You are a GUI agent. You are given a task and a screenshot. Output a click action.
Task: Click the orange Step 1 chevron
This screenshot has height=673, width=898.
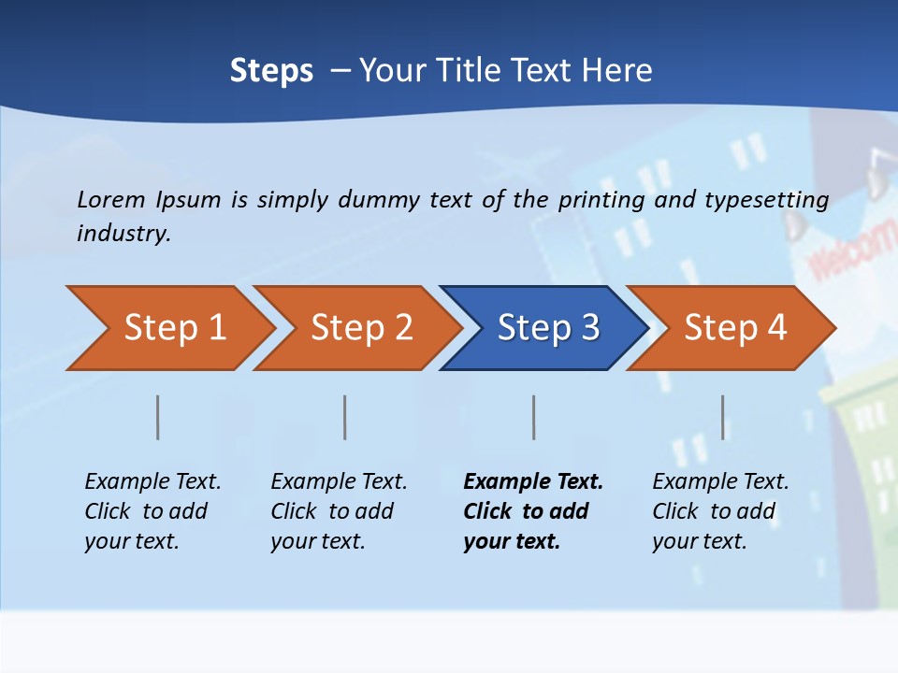(x=168, y=328)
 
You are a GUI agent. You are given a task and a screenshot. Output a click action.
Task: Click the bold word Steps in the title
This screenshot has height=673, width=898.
(x=271, y=71)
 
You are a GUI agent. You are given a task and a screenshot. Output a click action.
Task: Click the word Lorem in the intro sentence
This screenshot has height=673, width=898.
(x=111, y=199)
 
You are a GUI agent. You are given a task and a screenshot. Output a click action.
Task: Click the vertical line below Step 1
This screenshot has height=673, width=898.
(x=158, y=417)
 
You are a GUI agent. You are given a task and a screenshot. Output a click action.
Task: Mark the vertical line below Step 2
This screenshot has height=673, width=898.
(x=345, y=417)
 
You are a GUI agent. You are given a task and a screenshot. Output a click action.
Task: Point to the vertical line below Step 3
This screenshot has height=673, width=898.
(x=534, y=417)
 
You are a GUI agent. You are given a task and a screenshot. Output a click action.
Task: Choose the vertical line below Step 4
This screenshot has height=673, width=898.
(x=723, y=417)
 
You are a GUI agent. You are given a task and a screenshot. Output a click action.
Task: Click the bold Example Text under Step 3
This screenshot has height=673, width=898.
(x=533, y=481)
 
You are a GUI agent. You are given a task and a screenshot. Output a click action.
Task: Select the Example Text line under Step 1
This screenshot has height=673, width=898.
(x=152, y=481)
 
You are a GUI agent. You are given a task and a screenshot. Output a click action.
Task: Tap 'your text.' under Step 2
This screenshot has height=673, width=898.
(x=317, y=541)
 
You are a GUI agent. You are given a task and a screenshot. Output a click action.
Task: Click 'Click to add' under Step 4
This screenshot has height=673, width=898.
(x=714, y=511)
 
